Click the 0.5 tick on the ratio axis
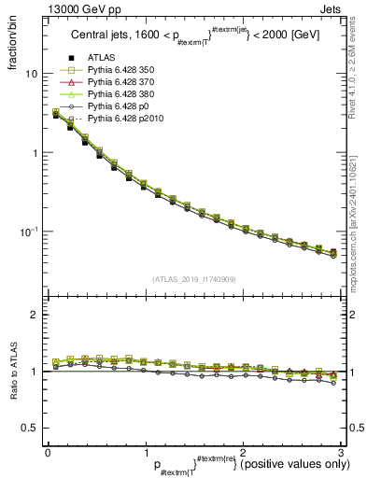pos(29,428)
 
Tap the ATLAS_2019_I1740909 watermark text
pos(193,278)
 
